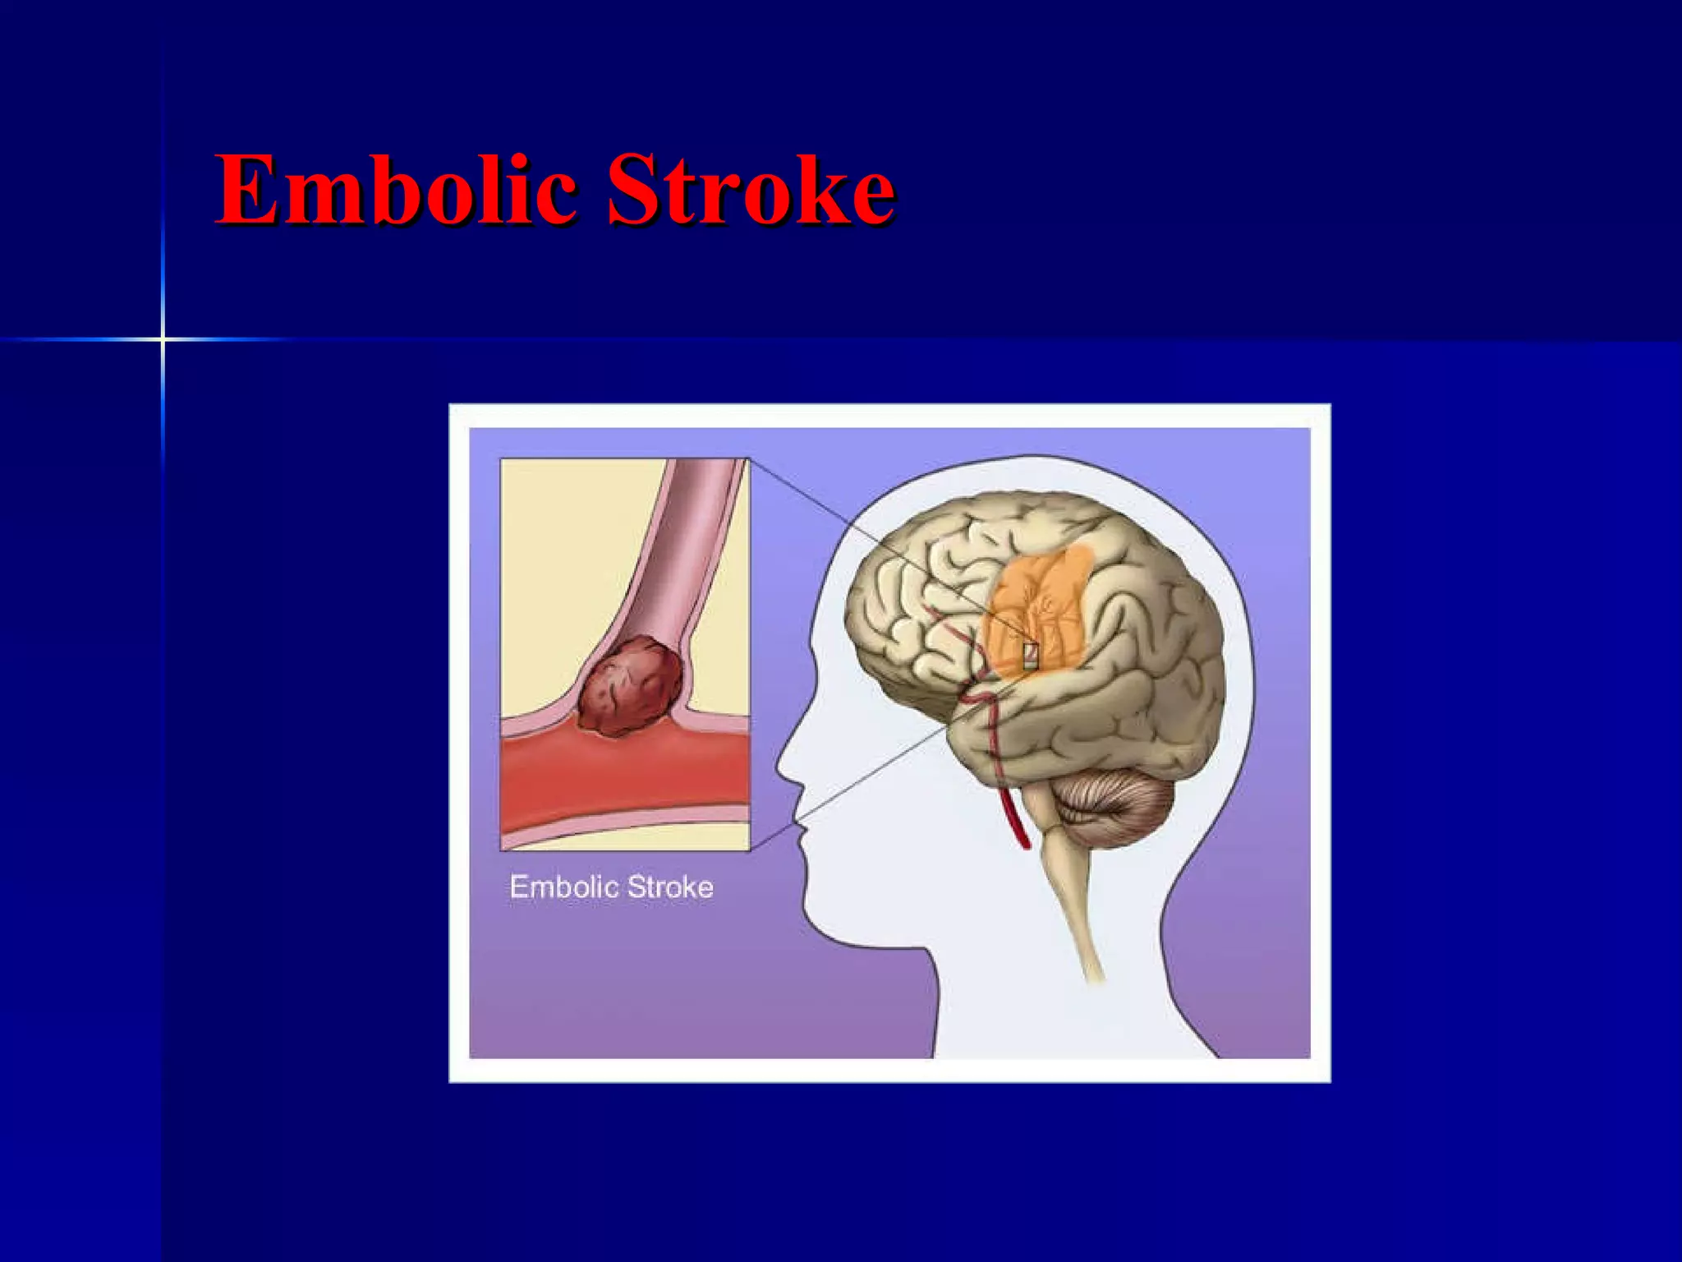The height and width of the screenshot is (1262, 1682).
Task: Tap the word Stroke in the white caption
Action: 669,887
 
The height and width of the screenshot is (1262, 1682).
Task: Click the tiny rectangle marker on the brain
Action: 1031,655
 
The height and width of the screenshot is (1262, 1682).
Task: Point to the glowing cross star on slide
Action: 163,339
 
